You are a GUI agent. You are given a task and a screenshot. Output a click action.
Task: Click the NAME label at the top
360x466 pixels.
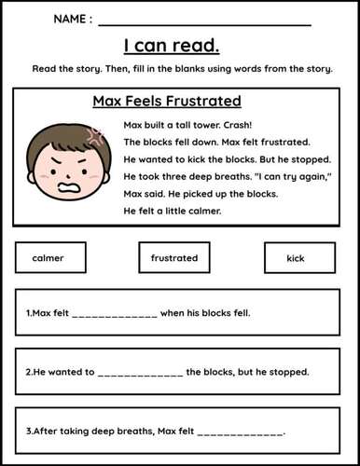(x=73, y=19)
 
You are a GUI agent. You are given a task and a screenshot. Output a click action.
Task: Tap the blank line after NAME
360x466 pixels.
(x=204, y=21)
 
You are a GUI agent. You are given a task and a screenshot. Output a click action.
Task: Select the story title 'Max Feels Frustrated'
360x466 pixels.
(x=167, y=101)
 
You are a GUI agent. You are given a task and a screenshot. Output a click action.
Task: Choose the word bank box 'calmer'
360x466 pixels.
(x=50, y=257)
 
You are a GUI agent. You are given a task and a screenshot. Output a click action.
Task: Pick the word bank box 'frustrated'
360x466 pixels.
(x=174, y=257)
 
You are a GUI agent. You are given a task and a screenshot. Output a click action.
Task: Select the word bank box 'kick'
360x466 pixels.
(x=296, y=257)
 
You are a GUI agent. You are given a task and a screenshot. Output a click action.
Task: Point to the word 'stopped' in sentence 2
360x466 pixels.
(x=290, y=373)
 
